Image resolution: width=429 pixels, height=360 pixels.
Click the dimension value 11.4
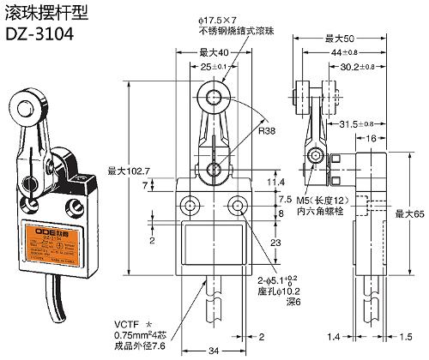point(276,182)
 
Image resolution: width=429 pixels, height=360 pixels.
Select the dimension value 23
point(275,243)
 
